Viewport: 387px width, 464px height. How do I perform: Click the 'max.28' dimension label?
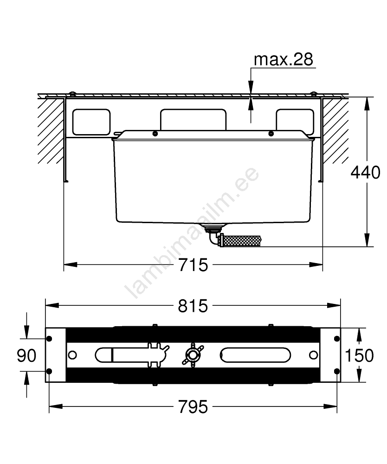[x=283, y=59]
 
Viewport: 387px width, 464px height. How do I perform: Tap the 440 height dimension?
[x=365, y=172]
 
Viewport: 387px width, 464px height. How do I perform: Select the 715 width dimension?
[x=193, y=264]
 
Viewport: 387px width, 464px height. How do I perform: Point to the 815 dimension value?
[x=193, y=306]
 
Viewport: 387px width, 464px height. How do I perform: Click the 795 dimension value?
[x=193, y=406]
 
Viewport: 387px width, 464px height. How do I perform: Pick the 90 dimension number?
[x=26, y=355]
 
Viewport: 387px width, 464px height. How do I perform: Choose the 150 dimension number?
[x=360, y=355]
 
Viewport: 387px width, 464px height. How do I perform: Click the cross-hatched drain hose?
[x=240, y=240]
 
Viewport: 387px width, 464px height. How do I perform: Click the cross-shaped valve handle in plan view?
[x=193, y=355]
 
